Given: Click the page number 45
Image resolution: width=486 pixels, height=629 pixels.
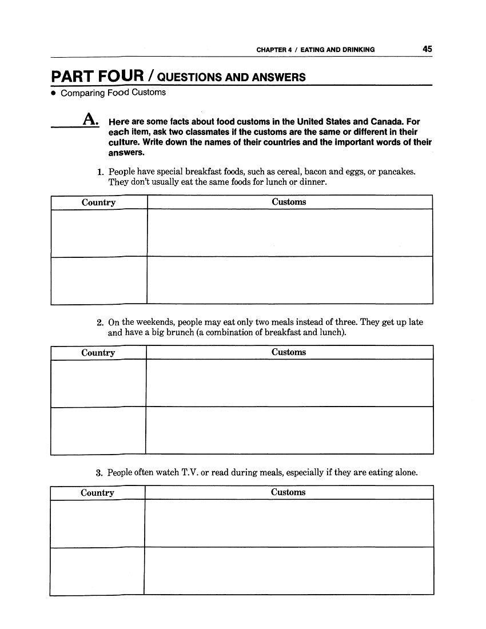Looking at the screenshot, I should click(427, 49).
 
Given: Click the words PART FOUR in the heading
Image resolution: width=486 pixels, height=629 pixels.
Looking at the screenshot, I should click(97, 77).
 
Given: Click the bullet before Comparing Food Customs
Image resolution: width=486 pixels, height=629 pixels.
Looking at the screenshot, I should click(54, 93).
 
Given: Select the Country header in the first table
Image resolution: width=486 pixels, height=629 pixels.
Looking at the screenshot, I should click(98, 202).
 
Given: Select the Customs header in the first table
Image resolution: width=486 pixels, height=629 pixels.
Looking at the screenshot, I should click(289, 202).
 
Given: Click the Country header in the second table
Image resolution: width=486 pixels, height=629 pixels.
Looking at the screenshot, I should click(98, 353).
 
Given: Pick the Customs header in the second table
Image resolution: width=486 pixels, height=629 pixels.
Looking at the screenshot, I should click(289, 352).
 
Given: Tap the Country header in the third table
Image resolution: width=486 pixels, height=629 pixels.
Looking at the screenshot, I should click(97, 493).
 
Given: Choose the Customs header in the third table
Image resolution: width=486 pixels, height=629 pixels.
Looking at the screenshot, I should click(288, 492).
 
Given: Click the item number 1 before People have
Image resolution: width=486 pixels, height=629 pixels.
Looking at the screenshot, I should click(99, 172).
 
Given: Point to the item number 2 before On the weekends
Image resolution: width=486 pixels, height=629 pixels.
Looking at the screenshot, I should click(99, 323).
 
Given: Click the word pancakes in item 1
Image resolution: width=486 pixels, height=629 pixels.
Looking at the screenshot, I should click(397, 172).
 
